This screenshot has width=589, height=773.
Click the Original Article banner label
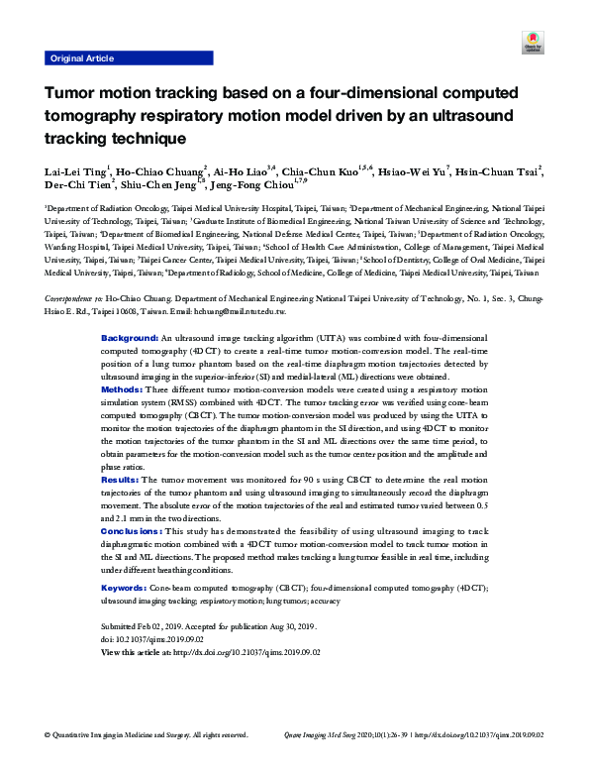(x=81, y=58)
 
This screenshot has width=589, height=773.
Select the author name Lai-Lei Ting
(x=75, y=171)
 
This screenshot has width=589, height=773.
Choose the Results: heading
(x=121, y=480)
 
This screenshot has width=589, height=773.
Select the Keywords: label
(x=124, y=589)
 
